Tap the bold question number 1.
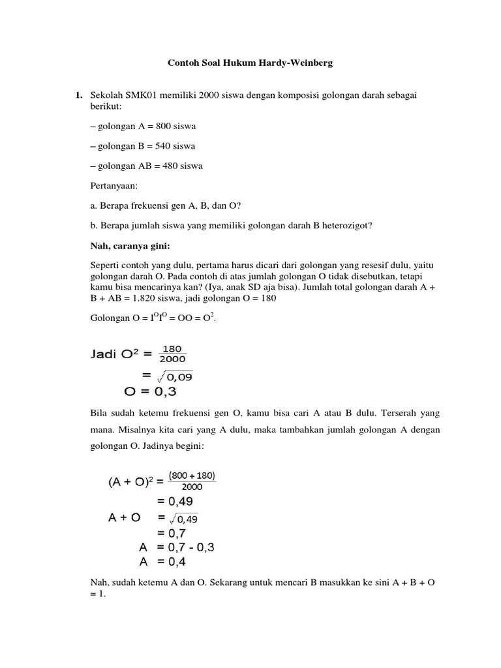78,95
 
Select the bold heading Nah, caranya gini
129,246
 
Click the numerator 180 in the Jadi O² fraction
172,348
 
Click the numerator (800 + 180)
192,476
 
